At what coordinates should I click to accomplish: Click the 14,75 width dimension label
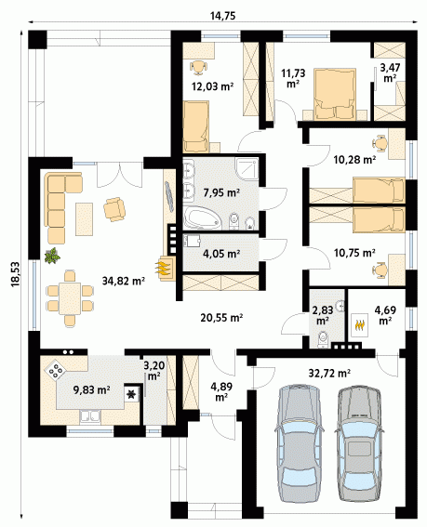222,16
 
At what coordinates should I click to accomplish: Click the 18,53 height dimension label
16,274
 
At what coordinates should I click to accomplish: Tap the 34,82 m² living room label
124,281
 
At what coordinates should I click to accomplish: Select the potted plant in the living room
52,256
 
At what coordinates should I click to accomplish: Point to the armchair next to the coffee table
114,209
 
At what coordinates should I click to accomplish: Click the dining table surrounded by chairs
70,298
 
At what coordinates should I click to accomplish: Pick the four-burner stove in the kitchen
56,370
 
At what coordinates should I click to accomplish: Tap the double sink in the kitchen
90,416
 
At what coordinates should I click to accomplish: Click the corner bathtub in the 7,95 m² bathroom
202,218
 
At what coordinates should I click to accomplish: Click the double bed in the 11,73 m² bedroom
335,94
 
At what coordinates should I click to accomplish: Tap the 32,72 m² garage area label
329,373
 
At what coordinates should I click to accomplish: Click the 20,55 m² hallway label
221,317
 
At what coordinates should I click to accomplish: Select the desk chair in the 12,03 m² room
198,67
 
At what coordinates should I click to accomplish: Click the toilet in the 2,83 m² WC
323,339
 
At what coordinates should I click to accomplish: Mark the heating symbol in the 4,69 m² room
360,324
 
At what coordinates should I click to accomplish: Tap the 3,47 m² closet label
390,72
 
